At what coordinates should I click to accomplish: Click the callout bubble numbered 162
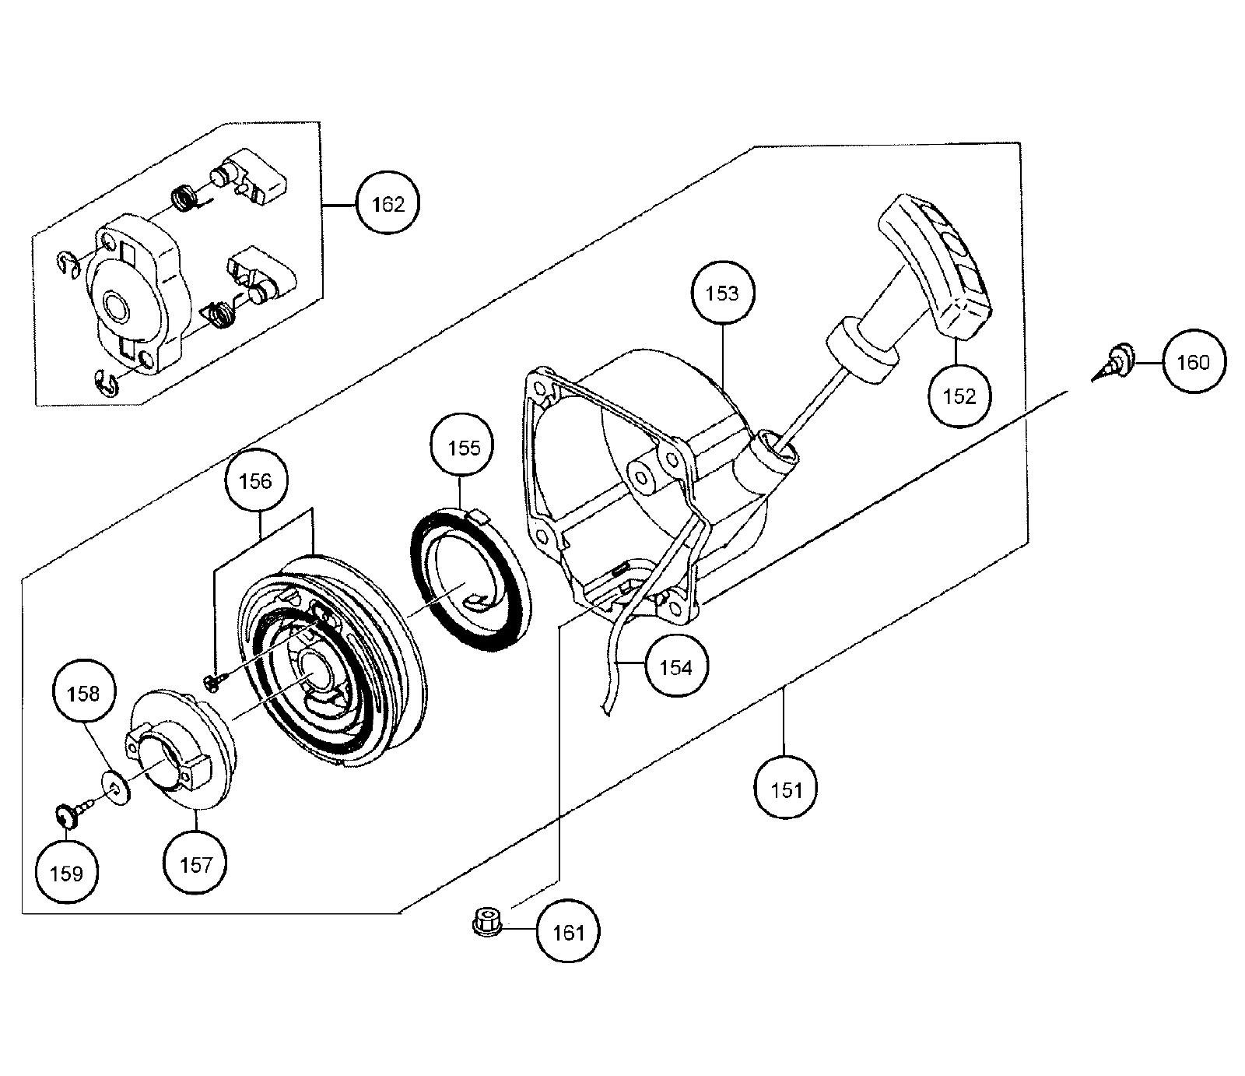click(388, 204)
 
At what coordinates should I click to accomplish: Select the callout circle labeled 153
click(721, 294)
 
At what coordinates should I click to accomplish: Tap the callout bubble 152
click(958, 396)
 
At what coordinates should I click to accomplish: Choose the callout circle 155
click(464, 448)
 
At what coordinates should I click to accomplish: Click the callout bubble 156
click(255, 481)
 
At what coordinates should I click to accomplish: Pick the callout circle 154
click(675, 666)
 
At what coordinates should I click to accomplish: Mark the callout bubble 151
click(786, 789)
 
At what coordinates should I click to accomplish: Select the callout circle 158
click(83, 693)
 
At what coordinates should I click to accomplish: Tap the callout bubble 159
click(66, 873)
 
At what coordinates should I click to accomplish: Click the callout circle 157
click(195, 863)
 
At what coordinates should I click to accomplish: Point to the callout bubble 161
click(568, 931)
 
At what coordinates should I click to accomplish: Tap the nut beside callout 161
click(486, 921)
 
